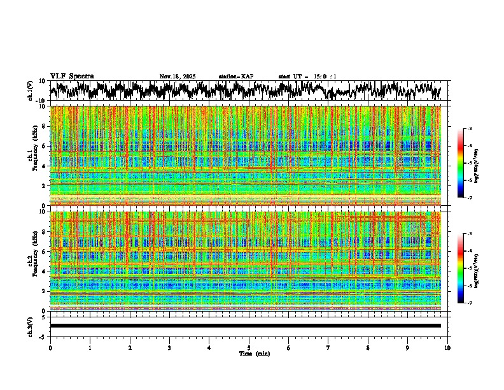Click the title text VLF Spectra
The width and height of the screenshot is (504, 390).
(72, 76)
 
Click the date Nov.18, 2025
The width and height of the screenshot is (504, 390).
(177, 76)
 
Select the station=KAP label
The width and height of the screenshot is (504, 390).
(235, 76)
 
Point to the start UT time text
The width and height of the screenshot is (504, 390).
(307, 76)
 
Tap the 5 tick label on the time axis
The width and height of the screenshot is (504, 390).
(249, 347)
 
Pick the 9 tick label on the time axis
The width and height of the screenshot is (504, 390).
(408, 347)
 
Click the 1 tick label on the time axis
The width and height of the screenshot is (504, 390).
(90, 347)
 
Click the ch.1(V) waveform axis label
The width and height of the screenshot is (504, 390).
(31, 90)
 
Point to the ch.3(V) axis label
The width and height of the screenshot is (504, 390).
(31, 326)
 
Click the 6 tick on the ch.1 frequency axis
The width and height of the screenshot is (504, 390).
(45, 146)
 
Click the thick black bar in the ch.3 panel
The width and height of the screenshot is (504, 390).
(245, 326)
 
